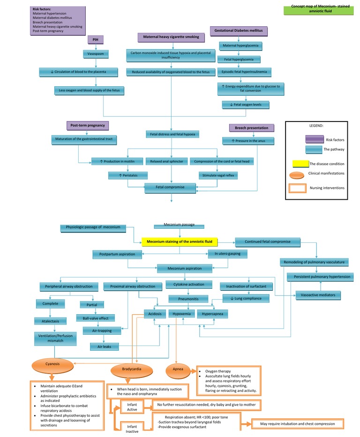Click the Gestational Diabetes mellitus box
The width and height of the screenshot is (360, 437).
coord(239,31)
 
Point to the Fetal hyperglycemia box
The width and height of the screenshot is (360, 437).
coord(239,60)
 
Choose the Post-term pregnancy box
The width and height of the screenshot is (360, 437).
coord(87,126)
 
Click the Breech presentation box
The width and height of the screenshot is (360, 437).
coord(251,128)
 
